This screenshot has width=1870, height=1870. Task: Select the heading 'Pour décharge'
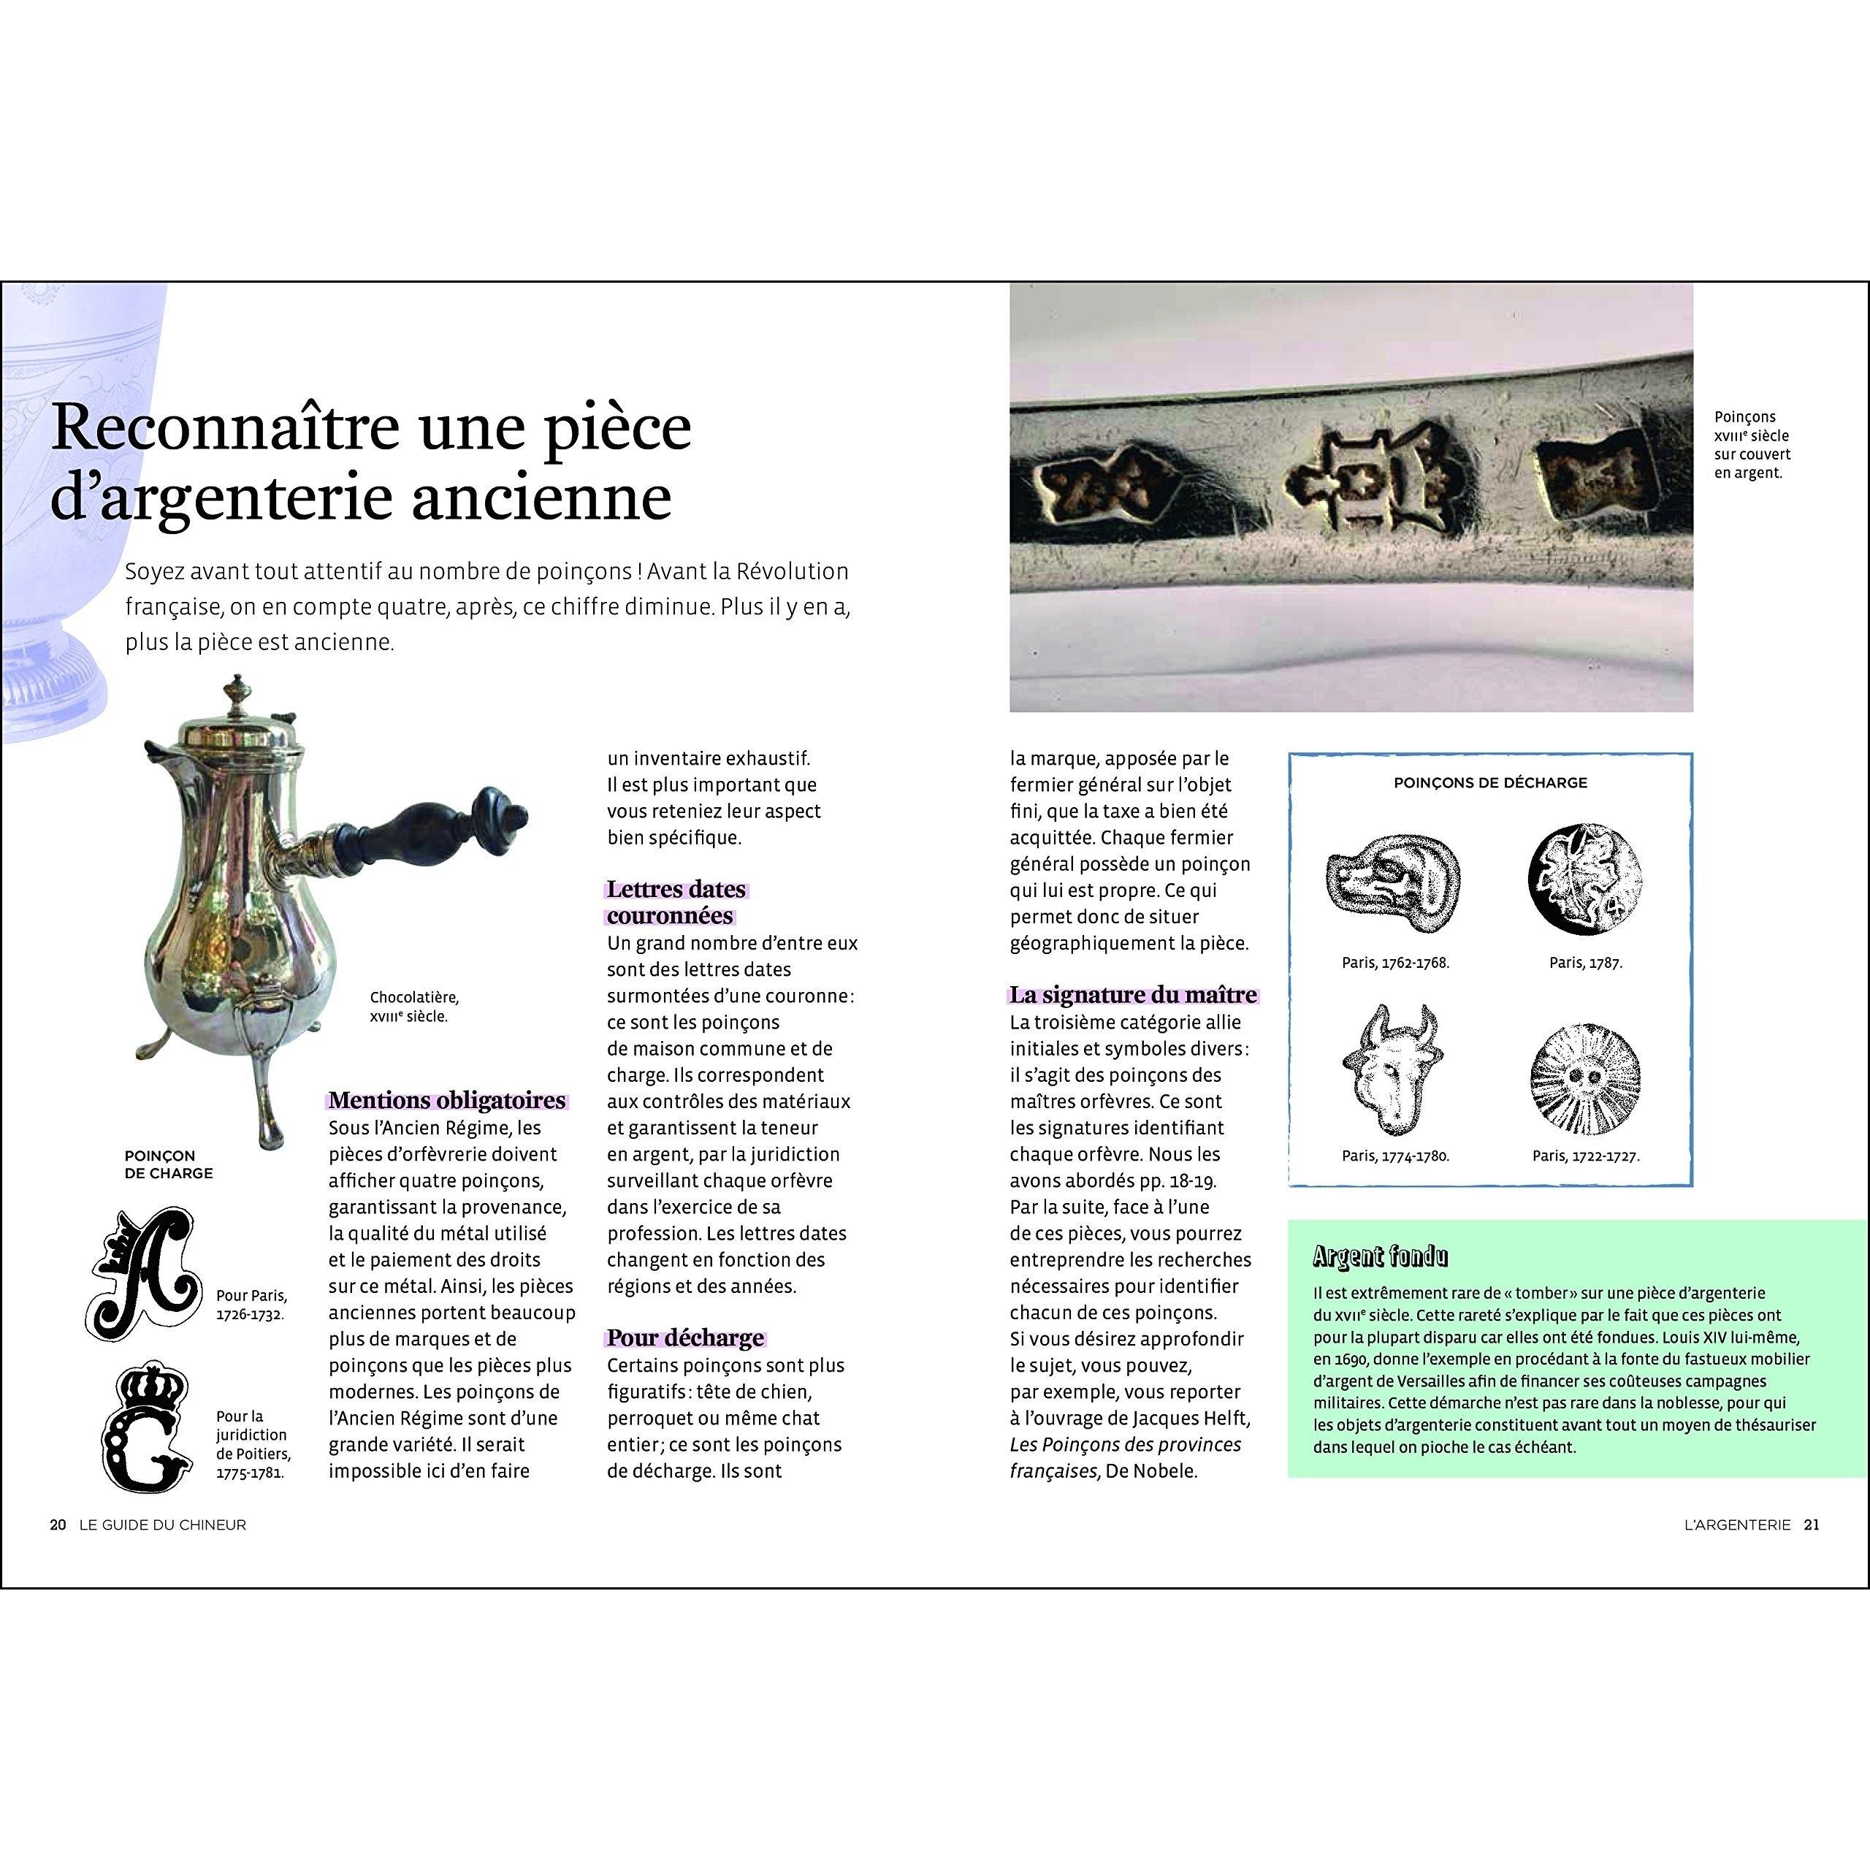(x=685, y=1337)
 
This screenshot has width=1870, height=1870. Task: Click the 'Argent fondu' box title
(x=1381, y=1256)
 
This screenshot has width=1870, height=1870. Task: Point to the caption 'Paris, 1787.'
(x=1585, y=963)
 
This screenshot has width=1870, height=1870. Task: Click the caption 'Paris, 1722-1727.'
(x=1585, y=1156)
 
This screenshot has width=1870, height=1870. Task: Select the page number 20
(x=58, y=1524)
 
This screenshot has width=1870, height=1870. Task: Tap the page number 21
(x=1812, y=1524)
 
